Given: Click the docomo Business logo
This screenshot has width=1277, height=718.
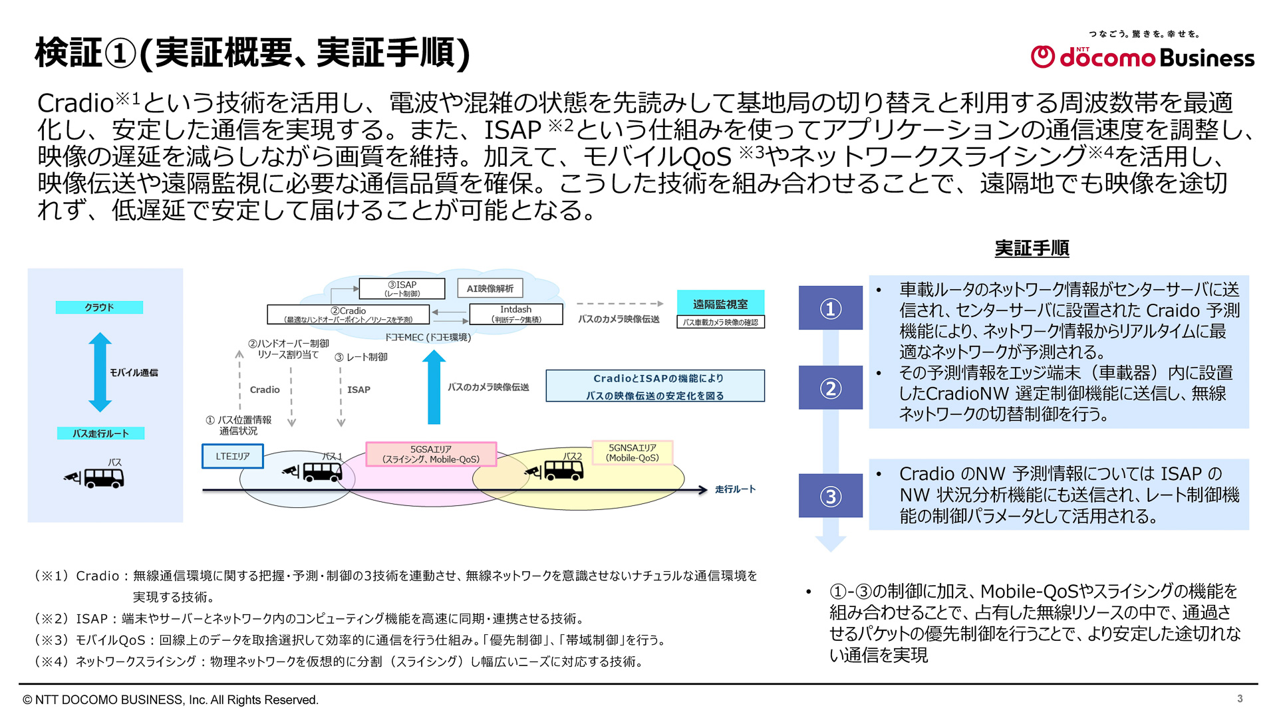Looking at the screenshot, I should [x=1142, y=57].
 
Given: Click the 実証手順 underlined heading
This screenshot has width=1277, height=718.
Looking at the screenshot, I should [x=1032, y=248].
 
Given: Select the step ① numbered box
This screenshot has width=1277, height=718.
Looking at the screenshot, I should [x=830, y=308].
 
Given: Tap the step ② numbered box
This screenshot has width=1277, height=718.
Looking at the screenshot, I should [x=830, y=388].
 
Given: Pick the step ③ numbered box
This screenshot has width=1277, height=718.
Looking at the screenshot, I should [x=830, y=496].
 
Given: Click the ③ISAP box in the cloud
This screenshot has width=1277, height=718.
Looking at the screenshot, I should [x=402, y=289].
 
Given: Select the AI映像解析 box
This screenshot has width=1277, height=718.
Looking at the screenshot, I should [x=490, y=289].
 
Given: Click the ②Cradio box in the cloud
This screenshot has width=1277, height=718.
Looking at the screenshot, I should [x=348, y=314].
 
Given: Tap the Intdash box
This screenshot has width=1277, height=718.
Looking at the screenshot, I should [x=516, y=314].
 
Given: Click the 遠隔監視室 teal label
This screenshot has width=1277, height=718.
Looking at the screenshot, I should [x=720, y=304].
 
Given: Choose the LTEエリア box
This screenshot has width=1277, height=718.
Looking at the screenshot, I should [x=233, y=456].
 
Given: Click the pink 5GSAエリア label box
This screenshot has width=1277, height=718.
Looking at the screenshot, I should [x=431, y=454].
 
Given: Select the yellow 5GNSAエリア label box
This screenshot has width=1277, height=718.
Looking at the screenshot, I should [x=632, y=453].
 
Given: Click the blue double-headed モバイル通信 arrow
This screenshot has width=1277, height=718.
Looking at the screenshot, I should [x=100, y=372].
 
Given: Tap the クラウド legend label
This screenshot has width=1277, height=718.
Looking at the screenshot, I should [x=99, y=307].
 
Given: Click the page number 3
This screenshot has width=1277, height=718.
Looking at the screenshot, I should [x=1240, y=699].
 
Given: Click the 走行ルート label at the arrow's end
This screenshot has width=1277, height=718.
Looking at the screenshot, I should [x=735, y=489].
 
